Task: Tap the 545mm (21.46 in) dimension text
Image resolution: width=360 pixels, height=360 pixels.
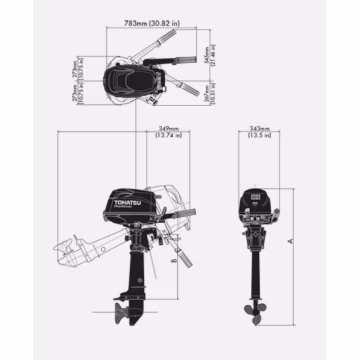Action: tap(210, 54)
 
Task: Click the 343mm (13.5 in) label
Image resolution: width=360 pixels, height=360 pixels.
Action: tap(260, 131)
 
